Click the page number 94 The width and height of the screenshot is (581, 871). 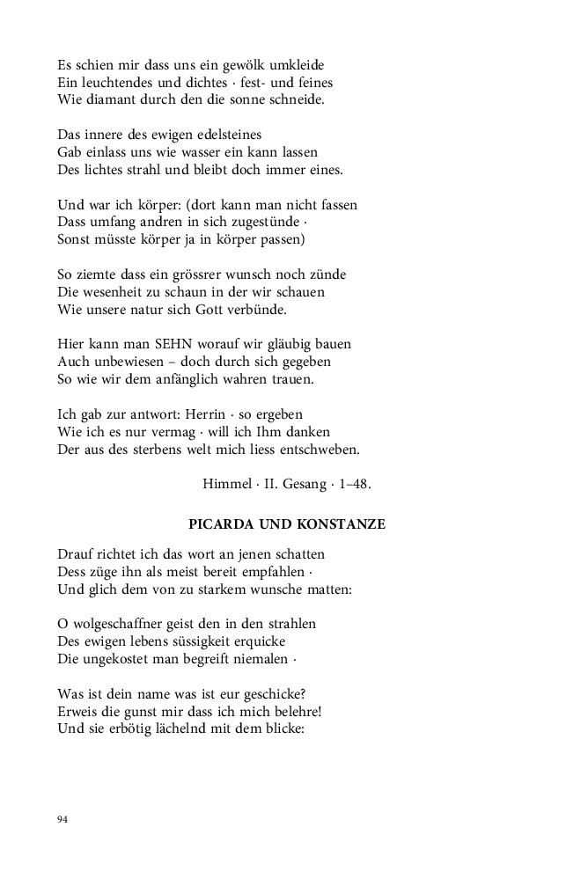point(63,819)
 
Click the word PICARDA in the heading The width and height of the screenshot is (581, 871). point(221,524)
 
